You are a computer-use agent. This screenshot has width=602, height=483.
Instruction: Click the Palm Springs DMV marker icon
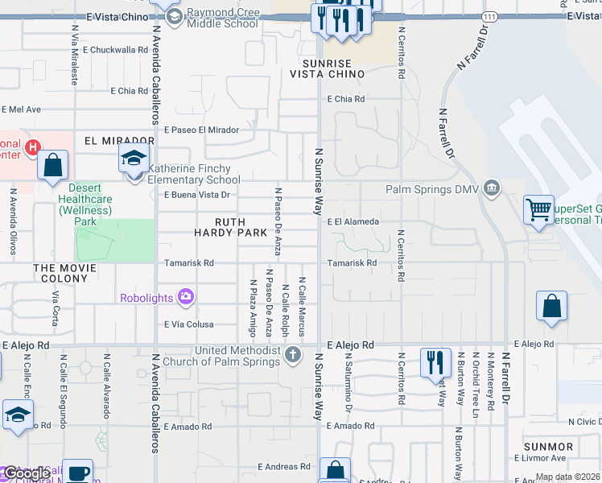tap(493, 189)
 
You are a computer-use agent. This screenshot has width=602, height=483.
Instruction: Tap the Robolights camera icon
tap(186, 298)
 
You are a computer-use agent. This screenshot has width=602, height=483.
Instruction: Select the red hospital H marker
tap(32, 147)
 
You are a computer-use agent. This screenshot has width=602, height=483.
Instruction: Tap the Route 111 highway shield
tap(489, 16)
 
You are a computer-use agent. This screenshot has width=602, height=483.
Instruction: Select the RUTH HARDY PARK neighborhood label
tap(230, 226)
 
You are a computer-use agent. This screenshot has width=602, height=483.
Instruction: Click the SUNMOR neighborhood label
tap(548, 446)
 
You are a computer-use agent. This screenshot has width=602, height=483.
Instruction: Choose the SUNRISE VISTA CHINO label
tap(328, 68)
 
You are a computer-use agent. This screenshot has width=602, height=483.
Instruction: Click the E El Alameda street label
tap(353, 221)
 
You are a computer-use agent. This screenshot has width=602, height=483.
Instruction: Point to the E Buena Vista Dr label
tap(197, 195)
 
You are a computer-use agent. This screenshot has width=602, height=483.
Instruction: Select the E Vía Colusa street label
tap(189, 325)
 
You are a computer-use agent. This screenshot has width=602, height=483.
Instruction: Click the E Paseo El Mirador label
tap(201, 130)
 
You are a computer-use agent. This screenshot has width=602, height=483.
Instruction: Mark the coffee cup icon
tap(77, 472)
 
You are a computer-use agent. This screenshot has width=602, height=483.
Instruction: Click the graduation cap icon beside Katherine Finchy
tap(134, 158)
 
